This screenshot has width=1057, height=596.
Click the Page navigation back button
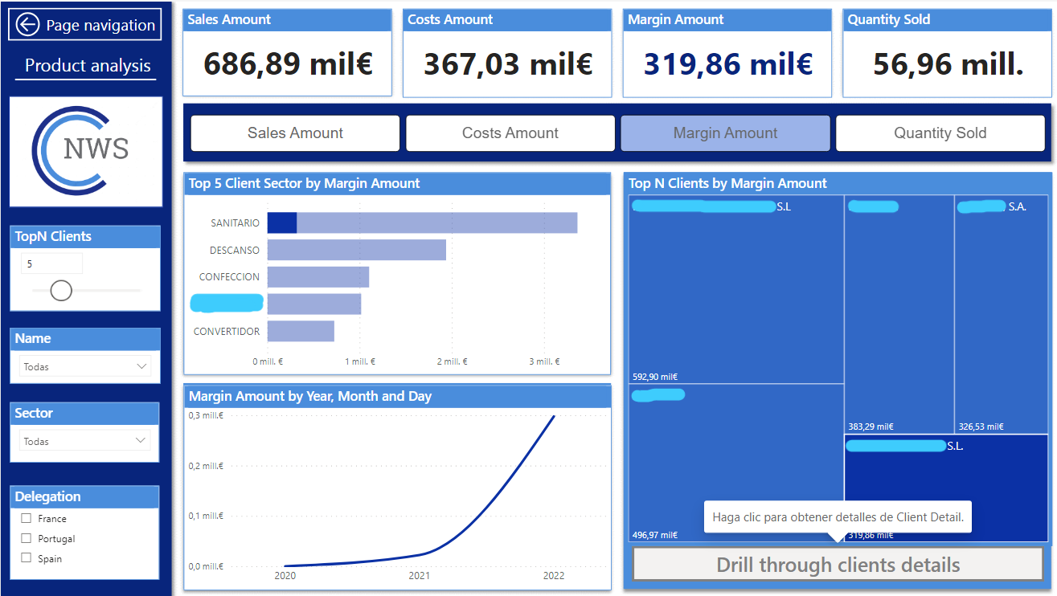(x=85, y=25)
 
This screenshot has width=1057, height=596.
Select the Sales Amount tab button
(x=295, y=133)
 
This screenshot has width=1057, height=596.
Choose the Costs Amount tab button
(x=510, y=133)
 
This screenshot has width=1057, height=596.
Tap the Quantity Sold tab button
(x=940, y=133)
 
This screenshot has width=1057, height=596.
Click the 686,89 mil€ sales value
(x=288, y=64)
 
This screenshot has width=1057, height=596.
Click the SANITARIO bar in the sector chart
(x=422, y=222)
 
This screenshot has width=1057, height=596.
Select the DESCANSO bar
(x=356, y=250)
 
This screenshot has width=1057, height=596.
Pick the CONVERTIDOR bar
(x=301, y=331)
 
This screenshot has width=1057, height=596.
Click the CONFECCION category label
(x=229, y=277)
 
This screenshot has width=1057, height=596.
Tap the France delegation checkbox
(x=27, y=519)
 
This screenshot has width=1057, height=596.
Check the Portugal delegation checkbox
(x=27, y=538)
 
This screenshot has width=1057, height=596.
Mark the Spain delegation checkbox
(x=27, y=558)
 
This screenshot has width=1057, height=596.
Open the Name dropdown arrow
(x=142, y=366)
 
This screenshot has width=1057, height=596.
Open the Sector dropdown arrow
(x=142, y=441)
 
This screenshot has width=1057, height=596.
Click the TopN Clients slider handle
(x=61, y=290)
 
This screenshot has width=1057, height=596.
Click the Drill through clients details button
(x=838, y=565)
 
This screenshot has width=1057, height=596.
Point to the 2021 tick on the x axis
(x=419, y=576)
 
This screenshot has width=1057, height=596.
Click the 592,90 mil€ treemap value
(x=655, y=377)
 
